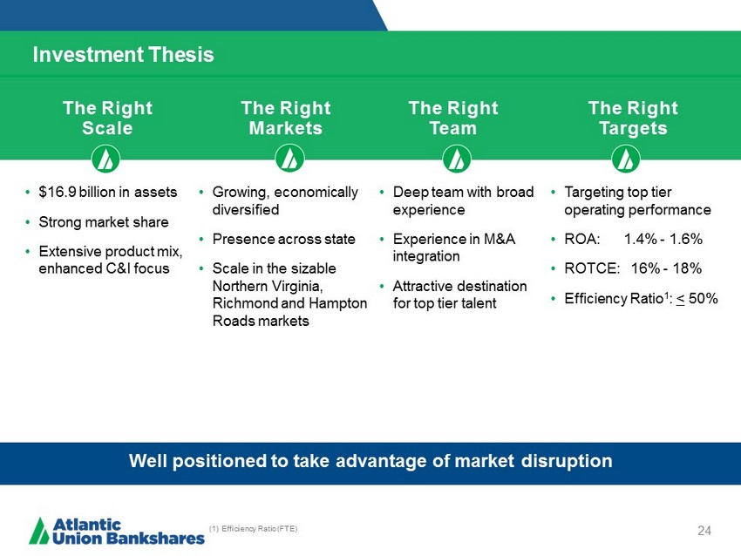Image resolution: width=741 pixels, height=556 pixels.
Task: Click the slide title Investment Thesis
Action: (x=123, y=54)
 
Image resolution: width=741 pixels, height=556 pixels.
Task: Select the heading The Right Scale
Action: (x=108, y=119)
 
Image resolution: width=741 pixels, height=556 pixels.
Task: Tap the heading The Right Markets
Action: (x=286, y=119)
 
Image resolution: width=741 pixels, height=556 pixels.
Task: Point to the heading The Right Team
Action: (x=453, y=119)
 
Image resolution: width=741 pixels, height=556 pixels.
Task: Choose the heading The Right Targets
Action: (x=633, y=119)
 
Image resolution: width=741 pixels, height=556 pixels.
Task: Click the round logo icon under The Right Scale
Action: (x=105, y=159)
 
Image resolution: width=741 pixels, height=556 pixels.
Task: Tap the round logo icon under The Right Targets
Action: (x=626, y=159)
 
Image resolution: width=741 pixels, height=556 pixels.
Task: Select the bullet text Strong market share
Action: (x=104, y=222)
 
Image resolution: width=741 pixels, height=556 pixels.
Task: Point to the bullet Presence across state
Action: (x=283, y=239)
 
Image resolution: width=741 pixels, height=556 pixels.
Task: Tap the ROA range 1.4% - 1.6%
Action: (x=663, y=239)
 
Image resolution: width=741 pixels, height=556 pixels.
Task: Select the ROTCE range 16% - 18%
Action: (x=666, y=268)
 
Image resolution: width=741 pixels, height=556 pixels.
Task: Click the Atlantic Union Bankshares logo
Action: (x=117, y=531)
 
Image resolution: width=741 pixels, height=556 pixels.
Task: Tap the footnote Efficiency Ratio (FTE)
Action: (x=254, y=529)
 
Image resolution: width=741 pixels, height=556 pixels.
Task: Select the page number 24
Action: (x=704, y=531)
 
